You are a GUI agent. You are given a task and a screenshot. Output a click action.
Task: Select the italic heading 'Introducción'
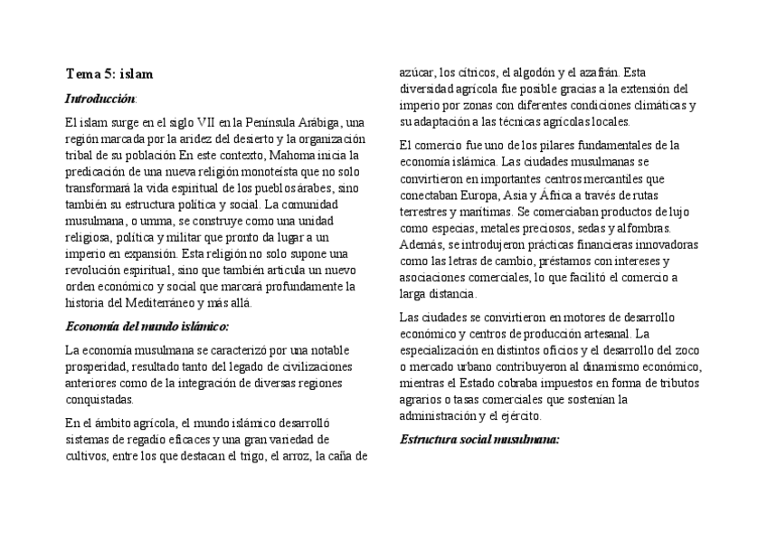coord(100,98)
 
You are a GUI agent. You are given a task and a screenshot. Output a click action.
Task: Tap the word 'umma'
coord(150,221)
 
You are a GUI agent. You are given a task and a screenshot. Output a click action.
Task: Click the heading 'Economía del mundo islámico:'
coord(147,326)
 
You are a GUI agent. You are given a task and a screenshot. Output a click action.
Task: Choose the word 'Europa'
coord(473,194)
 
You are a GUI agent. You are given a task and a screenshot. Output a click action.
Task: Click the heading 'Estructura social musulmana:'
coord(479,440)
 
